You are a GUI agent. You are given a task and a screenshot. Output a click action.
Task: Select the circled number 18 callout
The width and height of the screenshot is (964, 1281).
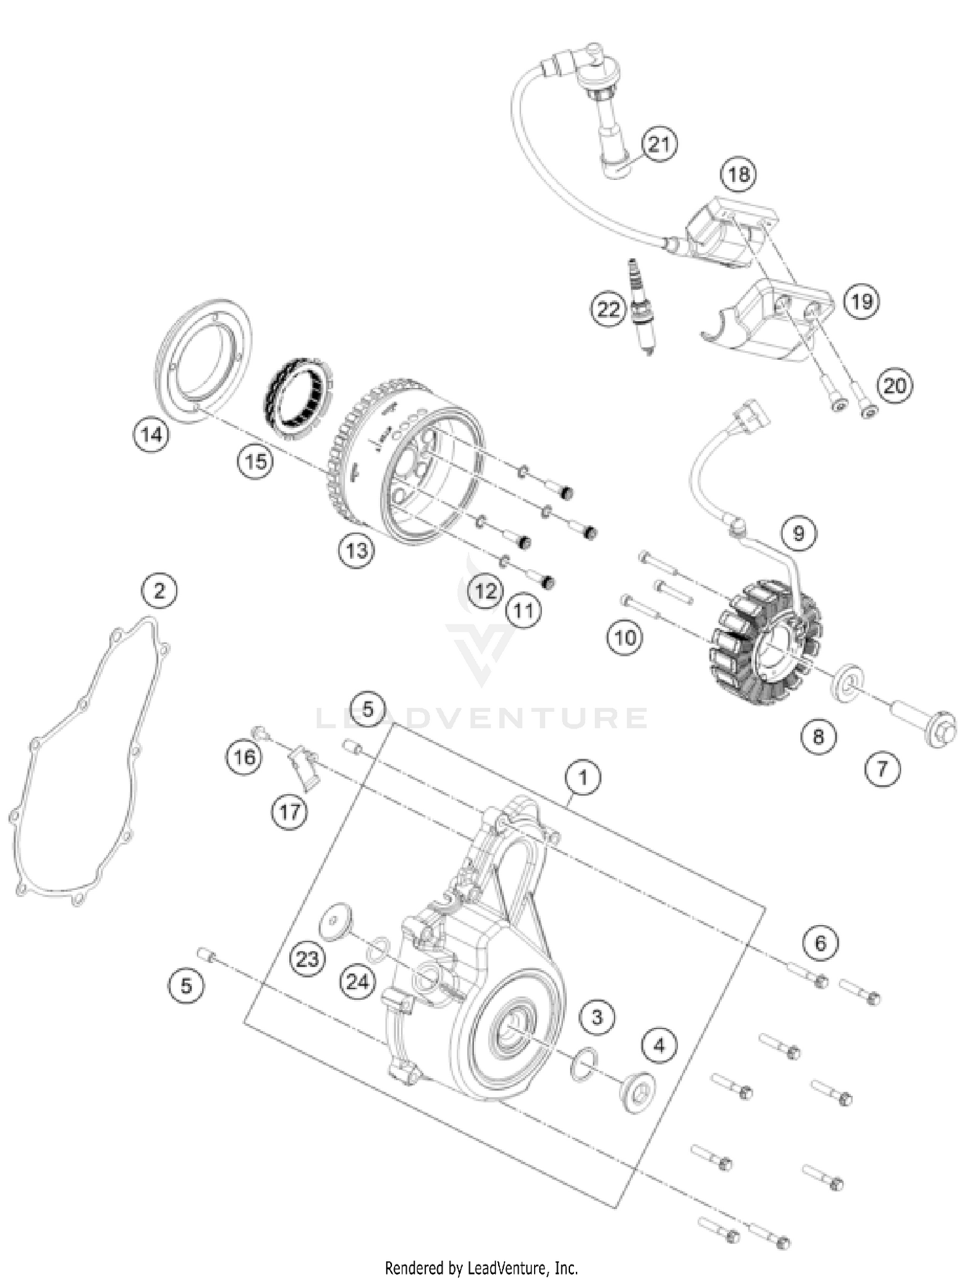(738, 173)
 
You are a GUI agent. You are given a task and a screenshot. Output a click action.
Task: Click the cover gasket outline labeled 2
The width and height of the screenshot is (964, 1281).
(84, 758)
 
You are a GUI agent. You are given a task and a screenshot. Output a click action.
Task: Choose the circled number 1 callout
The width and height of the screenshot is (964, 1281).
(583, 778)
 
